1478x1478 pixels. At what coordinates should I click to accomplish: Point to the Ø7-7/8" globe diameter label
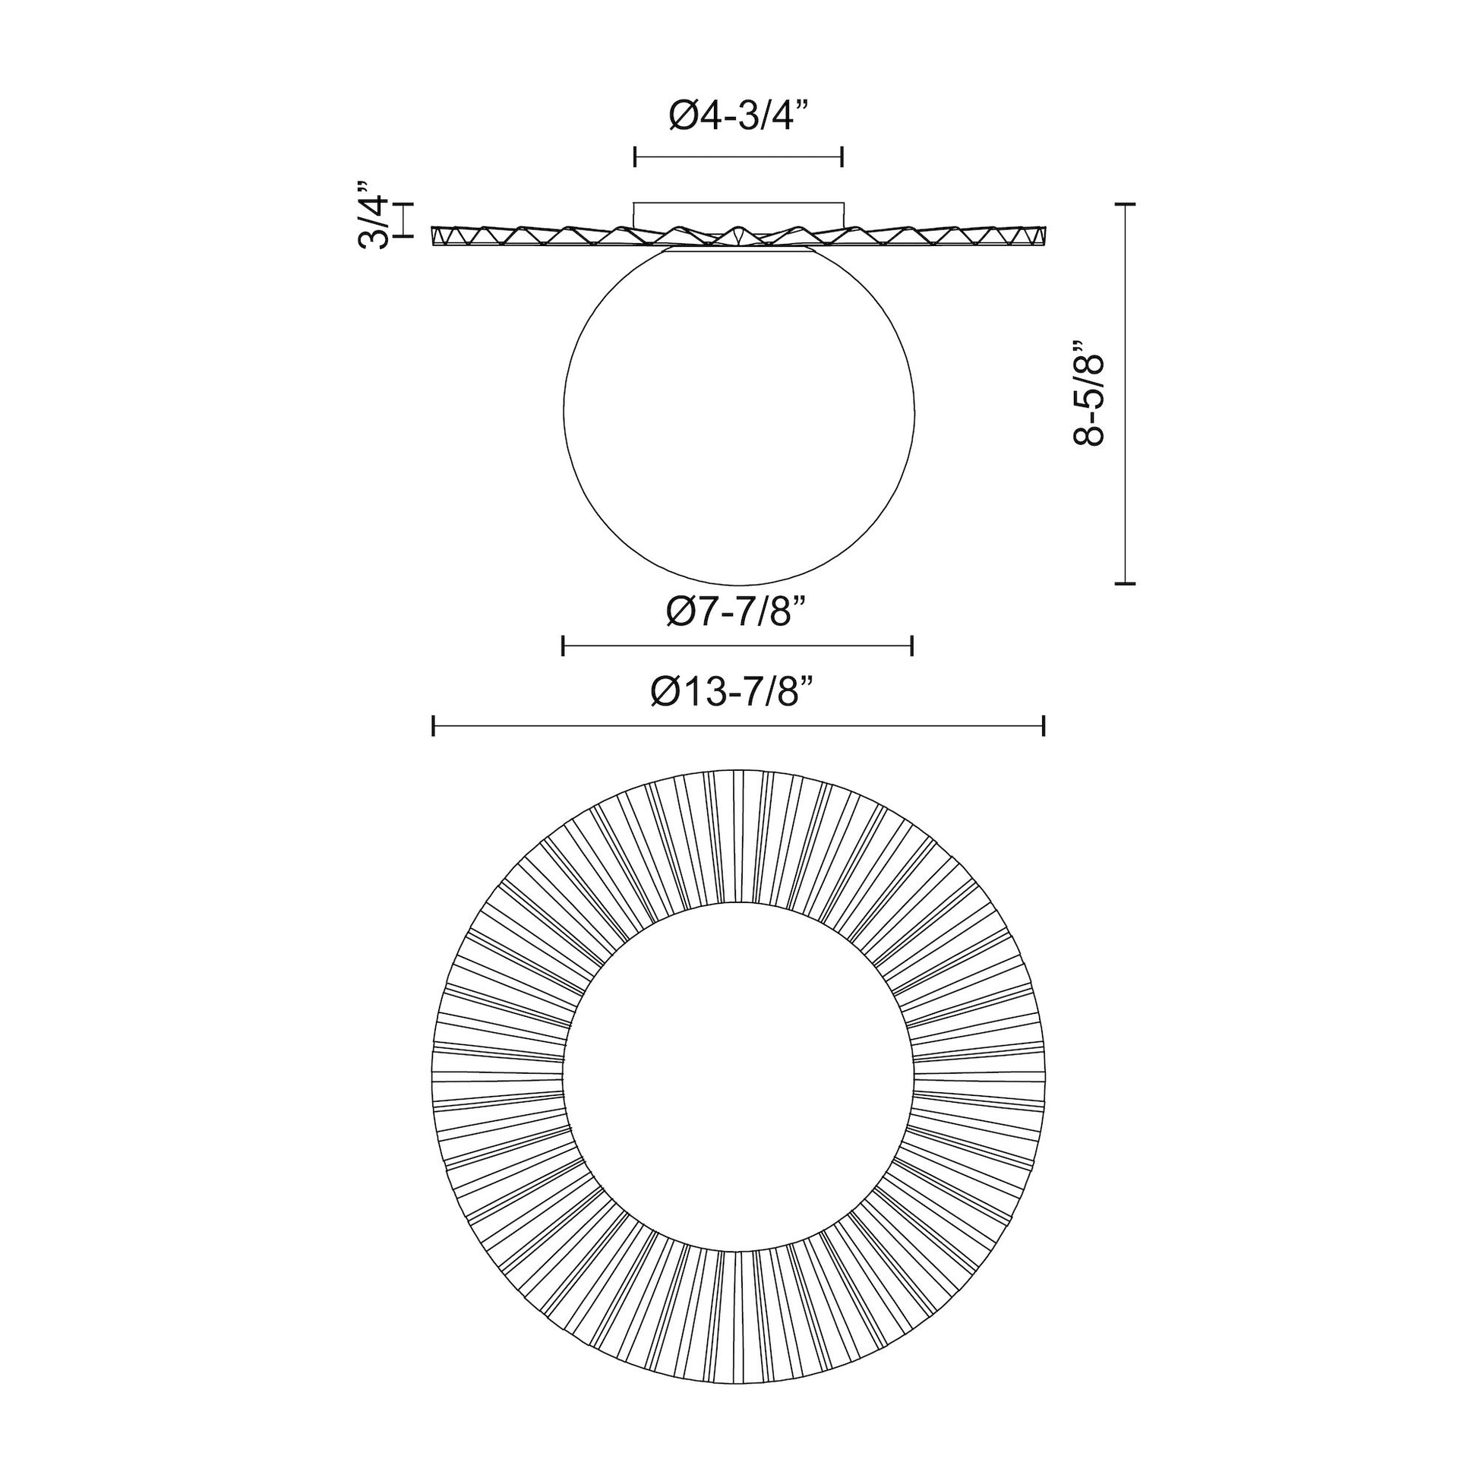click(737, 611)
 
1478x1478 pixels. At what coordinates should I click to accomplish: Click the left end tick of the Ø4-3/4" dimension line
click(636, 156)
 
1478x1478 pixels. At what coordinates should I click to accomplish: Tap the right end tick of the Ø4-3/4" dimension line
click(842, 156)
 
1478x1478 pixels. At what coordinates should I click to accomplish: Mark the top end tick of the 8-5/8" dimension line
click(1125, 204)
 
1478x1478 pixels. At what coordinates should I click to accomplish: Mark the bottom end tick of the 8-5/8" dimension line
click(1125, 584)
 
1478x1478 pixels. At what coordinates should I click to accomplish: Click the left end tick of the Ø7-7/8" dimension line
click(563, 646)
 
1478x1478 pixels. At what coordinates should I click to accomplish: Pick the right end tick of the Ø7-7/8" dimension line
click(912, 646)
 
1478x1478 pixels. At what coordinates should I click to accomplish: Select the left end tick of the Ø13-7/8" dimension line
click(434, 725)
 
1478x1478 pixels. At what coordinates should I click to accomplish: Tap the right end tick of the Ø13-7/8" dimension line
click(1044, 725)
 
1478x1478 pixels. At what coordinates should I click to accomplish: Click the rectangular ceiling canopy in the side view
click(738, 213)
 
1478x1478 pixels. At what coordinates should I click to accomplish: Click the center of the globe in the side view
click(738, 410)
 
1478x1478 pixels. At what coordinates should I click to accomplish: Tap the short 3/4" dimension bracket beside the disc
click(403, 220)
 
